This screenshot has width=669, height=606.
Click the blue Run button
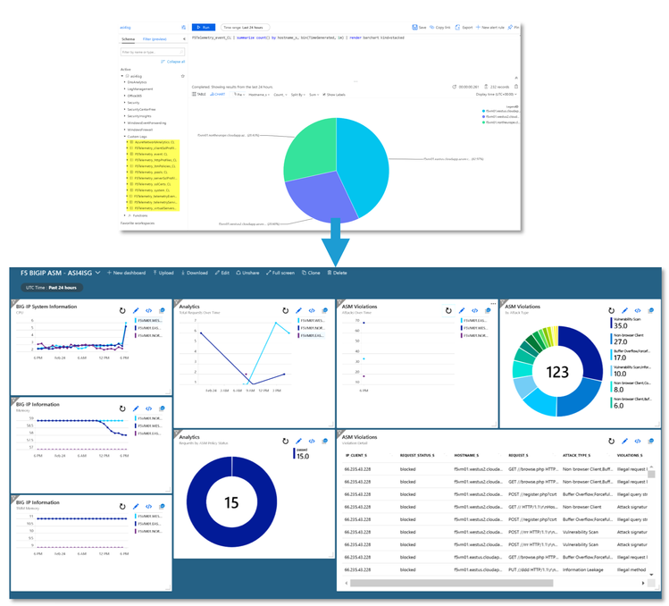click(x=203, y=28)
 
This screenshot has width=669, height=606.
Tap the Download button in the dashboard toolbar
click(x=195, y=273)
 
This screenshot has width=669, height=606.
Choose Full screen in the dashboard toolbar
click(x=280, y=273)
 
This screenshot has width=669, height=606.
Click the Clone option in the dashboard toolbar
click(x=312, y=273)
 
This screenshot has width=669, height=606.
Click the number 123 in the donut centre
click(x=556, y=371)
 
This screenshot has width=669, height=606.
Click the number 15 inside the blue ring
click(x=231, y=503)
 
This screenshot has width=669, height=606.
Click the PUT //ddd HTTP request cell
click(x=531, y=568)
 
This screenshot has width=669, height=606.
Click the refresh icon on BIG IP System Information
click(x=121, y=310)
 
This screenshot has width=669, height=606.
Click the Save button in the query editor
click(x=420, y=28)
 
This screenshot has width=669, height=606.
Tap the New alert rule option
click(x=491, y=28)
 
